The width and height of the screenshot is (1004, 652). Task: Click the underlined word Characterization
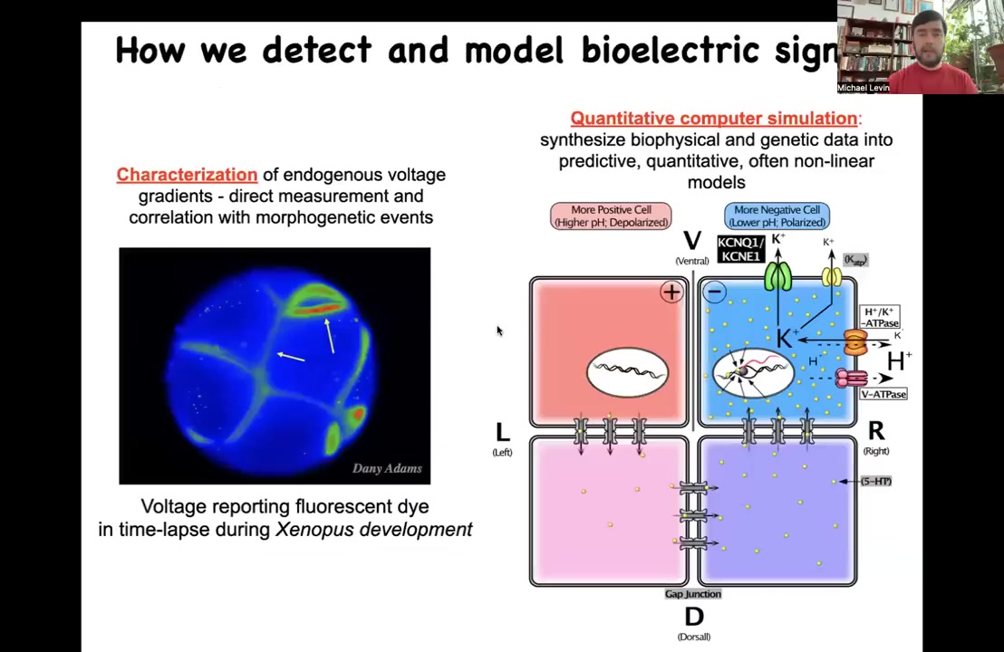(187, 175)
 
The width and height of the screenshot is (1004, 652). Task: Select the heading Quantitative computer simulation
(713, 119)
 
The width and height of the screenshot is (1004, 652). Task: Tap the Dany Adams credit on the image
(387, 468)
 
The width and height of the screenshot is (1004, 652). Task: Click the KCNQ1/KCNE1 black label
(740, 249)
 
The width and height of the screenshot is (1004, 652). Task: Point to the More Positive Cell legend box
(611, 216)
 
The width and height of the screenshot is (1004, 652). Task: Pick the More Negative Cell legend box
(777, 216)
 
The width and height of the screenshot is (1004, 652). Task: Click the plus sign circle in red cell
(671, 292)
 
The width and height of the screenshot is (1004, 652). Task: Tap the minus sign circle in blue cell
(714, 292)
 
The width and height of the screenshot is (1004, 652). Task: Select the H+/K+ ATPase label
(879, 317)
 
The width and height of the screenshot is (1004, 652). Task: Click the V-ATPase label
(883, 394)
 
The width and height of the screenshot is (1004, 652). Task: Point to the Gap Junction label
(692, 594)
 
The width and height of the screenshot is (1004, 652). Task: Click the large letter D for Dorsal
(694, 617)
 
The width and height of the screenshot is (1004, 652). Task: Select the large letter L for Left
(502, 433)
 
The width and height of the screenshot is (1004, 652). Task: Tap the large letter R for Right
(875, 431)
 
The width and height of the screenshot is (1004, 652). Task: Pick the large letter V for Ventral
(692, 241)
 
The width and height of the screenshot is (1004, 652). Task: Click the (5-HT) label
(875, 481)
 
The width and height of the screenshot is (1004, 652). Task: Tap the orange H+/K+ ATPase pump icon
(855, 342)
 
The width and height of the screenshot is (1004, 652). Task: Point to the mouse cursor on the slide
(498, 331)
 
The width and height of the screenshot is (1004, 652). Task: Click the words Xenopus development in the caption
(373, 530)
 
